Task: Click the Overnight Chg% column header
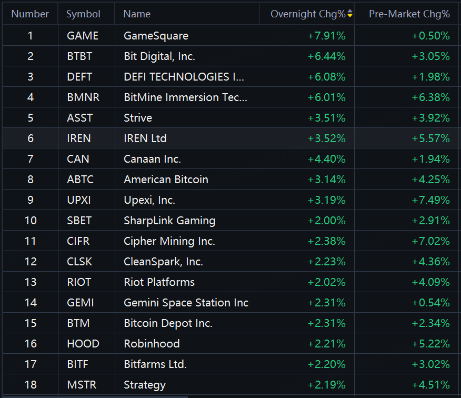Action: coord(307,14)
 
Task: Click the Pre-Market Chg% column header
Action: coord(409,14)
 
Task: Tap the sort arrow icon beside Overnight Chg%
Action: coord(350,14)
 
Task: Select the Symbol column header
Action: coord(83,14)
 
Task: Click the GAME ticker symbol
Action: coord(83,36)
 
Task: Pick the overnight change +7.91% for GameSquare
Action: coord(326,36)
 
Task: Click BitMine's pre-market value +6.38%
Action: coord(430,97)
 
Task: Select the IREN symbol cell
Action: coord(79,138)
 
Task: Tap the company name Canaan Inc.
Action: coord(152,159)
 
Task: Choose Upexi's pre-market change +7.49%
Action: coord(430,200)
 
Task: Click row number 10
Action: coord(31,221)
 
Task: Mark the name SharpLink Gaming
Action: coord(169,221)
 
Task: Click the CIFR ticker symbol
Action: coord(78,241)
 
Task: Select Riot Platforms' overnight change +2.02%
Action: coord(326,282)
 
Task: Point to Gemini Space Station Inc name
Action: coord(186,303)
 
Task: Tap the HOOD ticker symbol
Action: coord(83,344)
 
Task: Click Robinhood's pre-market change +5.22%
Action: coord(430,344)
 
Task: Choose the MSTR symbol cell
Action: coord(82,385)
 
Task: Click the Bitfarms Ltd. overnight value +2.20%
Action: coord(326,364)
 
